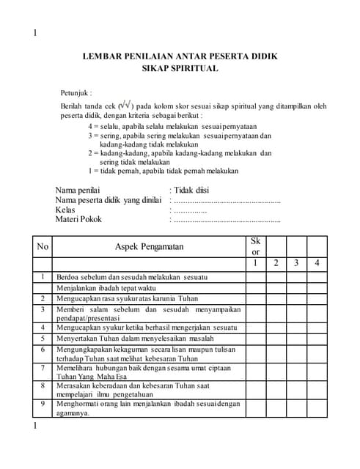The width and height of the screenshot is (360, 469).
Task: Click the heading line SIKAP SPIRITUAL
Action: (x=180, y=69)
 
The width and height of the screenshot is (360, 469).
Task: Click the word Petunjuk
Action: (x=76, y=93)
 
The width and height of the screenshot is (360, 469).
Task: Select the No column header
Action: (x=43, y=247)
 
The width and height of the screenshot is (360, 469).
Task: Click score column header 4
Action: (x=317, y=263)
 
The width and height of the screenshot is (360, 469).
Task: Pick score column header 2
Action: (x=276, y=263)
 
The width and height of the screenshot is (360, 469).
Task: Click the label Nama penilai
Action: (x=78, y=191)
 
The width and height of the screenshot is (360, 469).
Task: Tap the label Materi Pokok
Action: (x=78, y=218)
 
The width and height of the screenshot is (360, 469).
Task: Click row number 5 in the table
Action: (x=43, y=339)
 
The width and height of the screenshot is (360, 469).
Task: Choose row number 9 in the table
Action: (x=43, y=402)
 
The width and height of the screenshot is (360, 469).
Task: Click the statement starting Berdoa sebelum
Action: (x=132, y=277)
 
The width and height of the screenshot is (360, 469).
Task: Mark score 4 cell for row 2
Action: (x=317, y=298)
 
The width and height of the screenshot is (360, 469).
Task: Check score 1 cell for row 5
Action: (x=255, y=339)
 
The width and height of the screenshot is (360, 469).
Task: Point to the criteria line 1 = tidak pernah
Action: (x=164, y=171)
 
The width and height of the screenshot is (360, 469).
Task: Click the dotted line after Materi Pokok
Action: (x=225, y=219)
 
